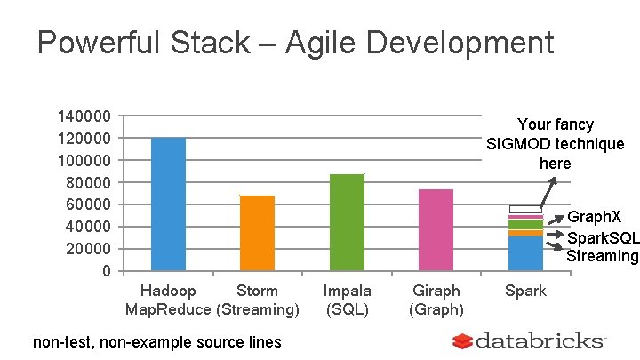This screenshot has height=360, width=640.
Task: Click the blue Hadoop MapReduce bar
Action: [x=168, y=204]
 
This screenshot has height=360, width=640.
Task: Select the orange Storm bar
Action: [x=257, y=232]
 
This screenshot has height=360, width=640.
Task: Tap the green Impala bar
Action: [x=347, y=222]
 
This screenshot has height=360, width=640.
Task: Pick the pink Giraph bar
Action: [x=436, y=229]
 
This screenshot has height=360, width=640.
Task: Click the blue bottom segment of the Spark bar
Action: [x=525, y=253]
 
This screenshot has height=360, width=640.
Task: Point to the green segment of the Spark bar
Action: [x=525, y=225]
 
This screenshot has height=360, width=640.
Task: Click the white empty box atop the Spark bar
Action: [x=525, y=209]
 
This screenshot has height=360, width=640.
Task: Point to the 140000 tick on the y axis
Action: [x=84, y=116]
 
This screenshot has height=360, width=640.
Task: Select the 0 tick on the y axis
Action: [x=106, y=270]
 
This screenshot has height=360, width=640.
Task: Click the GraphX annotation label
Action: [x=594, y=217]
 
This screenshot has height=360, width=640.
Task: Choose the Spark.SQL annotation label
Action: [x=603, y=237]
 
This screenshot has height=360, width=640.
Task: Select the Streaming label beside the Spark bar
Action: [x=603, y=256]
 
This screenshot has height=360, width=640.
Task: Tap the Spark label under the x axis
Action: [x=525, y=291]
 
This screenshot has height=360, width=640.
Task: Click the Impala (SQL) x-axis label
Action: [x=347, y=300]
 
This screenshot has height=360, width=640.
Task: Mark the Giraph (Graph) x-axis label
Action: [x=436, y=300]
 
